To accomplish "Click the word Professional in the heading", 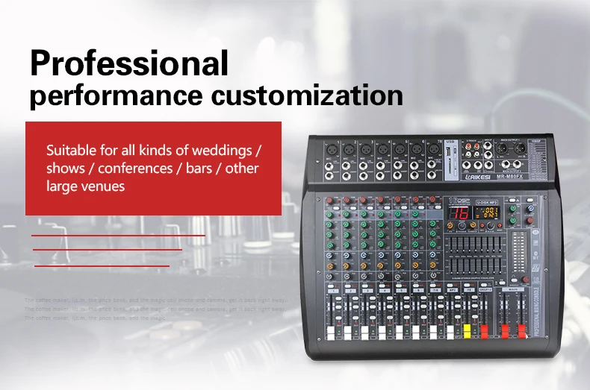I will click(x=128, y=64).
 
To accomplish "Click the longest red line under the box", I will click(x=118, y=235).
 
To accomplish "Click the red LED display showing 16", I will click(x=459, y=213).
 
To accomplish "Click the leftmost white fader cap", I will click(x=329, y=330).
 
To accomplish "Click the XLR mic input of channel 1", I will click(x=331, y=149).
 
